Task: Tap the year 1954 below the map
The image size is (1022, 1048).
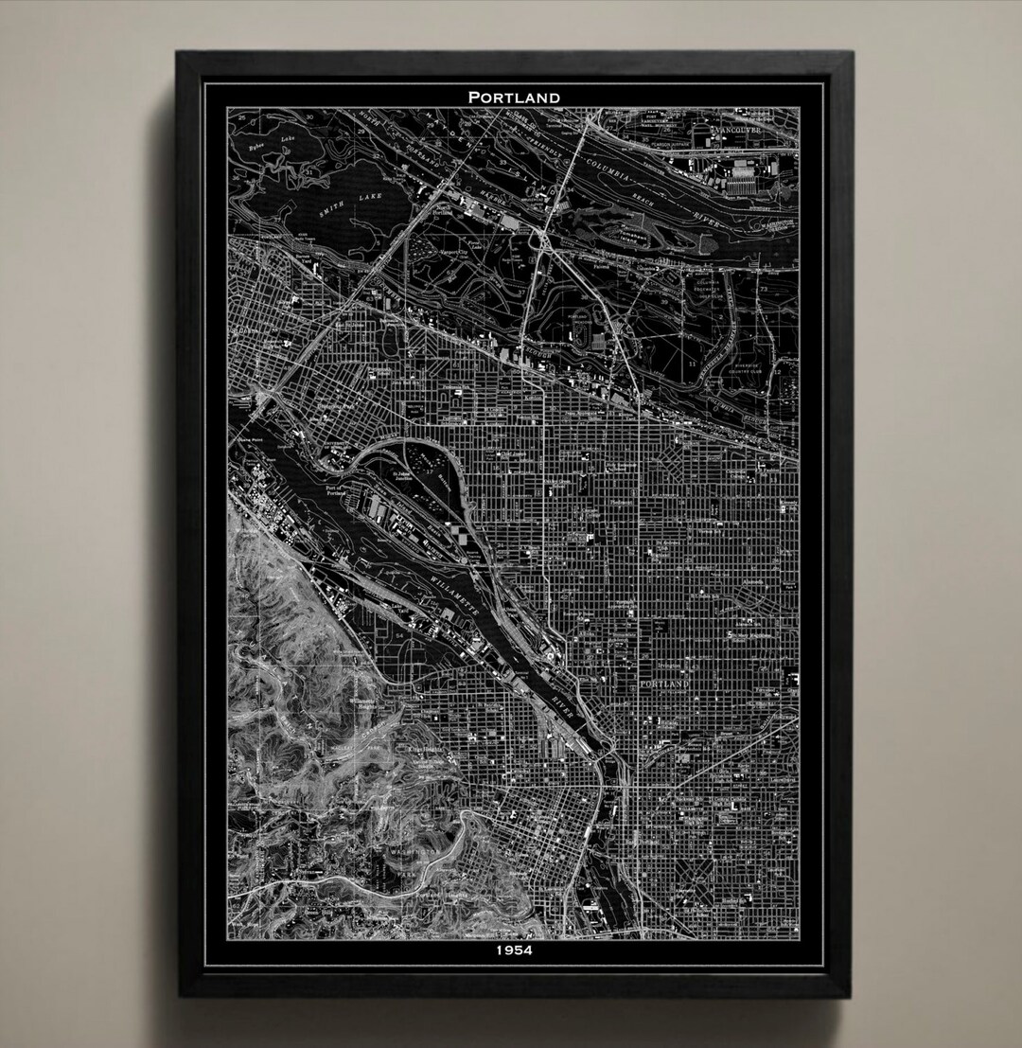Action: [513, 950]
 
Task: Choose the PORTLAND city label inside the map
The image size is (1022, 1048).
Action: [666, 683]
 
